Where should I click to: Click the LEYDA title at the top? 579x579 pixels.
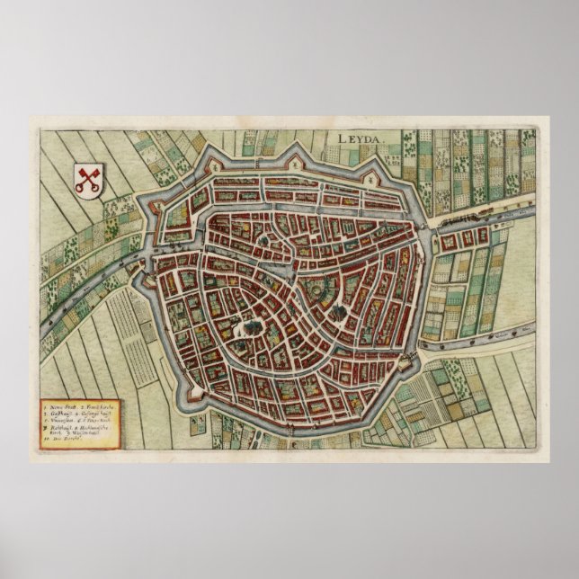(x=361, y=138)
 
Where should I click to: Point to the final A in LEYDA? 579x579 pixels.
(x=378, y=138)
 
